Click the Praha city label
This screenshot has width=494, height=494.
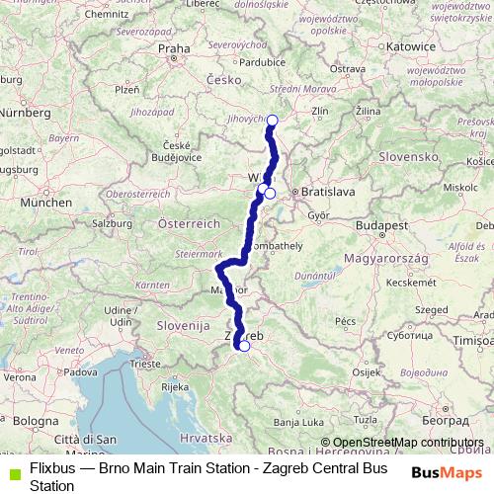[174, 47]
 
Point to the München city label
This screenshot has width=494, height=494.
[39, 202]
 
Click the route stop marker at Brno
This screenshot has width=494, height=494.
[273, 121]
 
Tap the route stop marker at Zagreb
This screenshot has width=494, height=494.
[244, 346]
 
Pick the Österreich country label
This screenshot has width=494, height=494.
[189, 223]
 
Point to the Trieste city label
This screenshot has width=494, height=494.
[144, 365]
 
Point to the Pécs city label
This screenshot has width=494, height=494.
[345, 321]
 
